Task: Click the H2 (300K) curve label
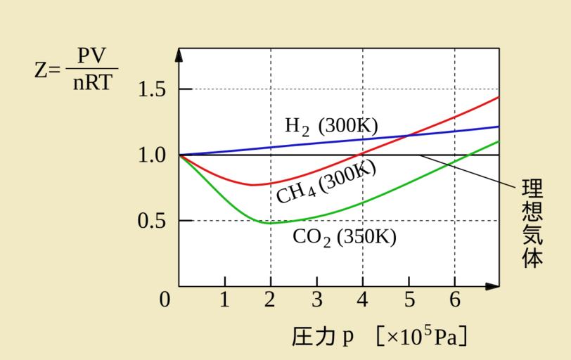click(x=331, y=127)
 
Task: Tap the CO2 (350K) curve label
click(x=344, y=237)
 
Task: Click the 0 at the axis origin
click(x=165, y=300)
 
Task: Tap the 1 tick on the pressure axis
click(x=224, y=300)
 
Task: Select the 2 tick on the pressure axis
click(x=270, y=300)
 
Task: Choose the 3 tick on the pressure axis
click(x=316, y=300)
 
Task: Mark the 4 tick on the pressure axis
click(x=362, y=300)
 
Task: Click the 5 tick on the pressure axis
click(x=409, y=300)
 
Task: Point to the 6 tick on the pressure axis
click(x=454, y=300)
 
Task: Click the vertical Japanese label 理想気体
click(x=532, y=224)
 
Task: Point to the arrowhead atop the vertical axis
click(x=179, y=53)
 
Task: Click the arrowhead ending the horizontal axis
click(x=494, y=286)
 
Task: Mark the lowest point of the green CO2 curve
click(x=269, y=223)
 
